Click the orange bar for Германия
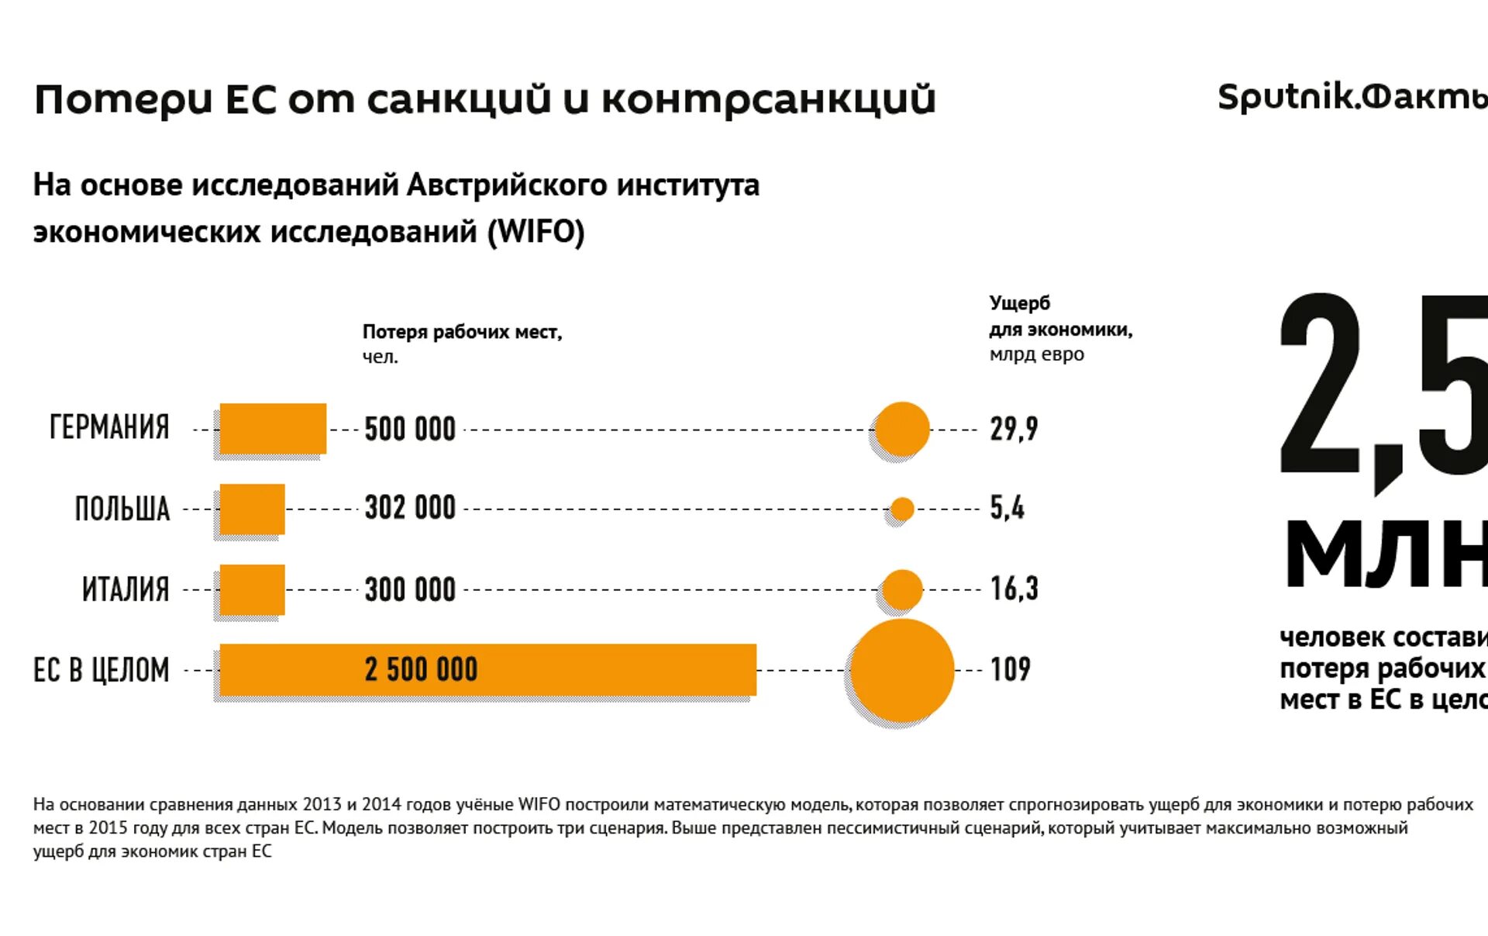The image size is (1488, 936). point(273,428)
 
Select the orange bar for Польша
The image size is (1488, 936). point(252,509)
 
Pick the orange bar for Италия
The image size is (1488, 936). point(252,589)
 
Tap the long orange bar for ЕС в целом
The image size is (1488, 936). point(488,669)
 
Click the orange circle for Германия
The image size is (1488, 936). point(902,429)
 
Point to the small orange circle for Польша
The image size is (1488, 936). point(902,509)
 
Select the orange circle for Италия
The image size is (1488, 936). point(902,589)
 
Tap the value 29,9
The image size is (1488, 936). point(1014,429)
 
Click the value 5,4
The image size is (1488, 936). point(1007,509)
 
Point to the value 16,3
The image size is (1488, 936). point(1014,589)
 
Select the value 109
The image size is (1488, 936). point(1011,669)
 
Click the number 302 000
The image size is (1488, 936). point(410,509)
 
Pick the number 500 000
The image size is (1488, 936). point(410,429)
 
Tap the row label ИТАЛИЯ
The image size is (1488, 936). point(126,589)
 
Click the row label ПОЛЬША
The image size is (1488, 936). point(122,509)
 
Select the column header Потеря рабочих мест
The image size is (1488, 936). point(462,332)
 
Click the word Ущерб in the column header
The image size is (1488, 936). point(1019,303)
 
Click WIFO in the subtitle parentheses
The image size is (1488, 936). point(536,231)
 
